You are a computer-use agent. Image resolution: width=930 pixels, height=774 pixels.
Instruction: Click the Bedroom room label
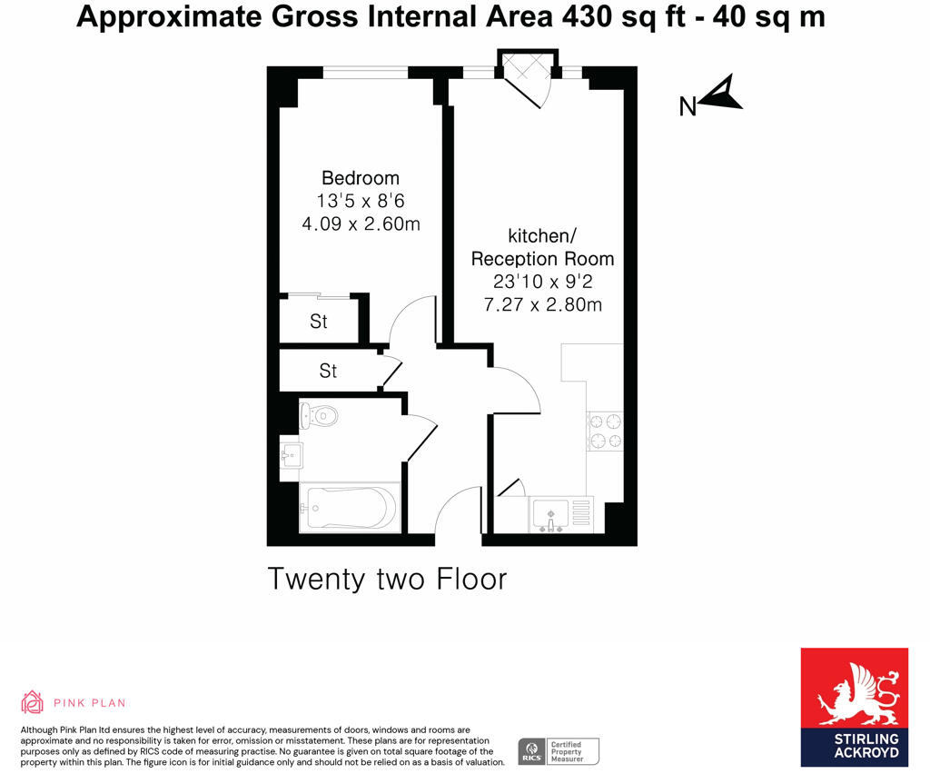[361, 178]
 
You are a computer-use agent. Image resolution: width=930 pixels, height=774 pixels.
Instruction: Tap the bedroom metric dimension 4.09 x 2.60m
[361, 223]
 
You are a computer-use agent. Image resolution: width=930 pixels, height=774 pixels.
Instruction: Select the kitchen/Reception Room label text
[542, 247]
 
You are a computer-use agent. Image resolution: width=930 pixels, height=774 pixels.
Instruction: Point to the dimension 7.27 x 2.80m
[542, 304]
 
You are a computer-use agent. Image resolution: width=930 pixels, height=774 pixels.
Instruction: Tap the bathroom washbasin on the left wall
[290, 454]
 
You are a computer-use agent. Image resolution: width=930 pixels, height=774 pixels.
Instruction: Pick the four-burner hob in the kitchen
[606, 432]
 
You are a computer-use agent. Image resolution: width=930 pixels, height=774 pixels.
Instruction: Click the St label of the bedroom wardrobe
[319, 322]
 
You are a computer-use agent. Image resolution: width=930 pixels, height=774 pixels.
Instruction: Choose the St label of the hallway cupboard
[328, 371]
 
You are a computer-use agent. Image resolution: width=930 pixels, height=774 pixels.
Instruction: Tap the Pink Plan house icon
[33, 702]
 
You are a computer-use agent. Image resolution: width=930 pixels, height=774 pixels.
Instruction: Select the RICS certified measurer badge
[558, 751]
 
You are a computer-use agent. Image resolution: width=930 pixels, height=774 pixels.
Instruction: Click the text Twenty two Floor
[387, 579]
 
